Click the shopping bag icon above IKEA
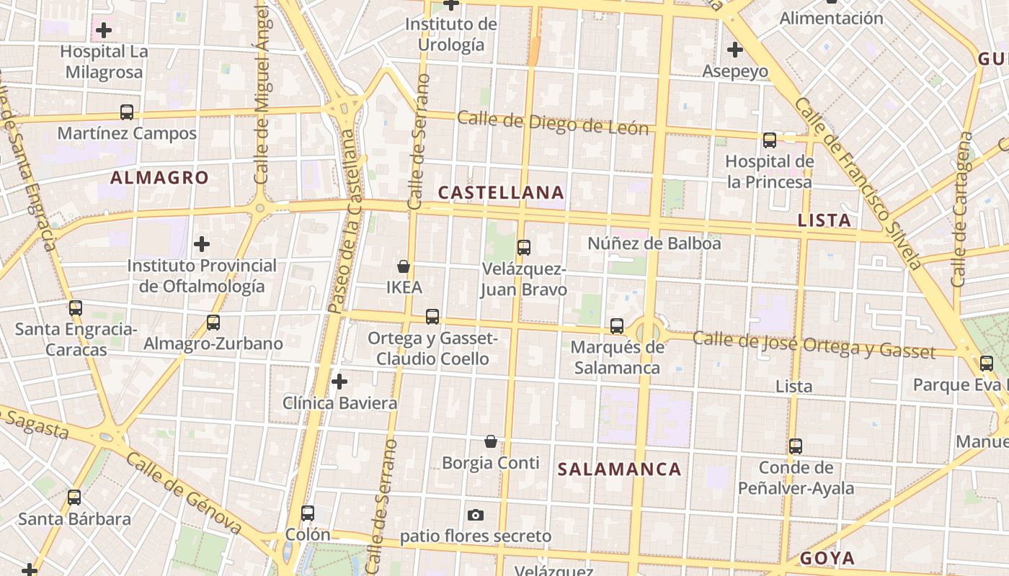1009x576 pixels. tap(404, 266)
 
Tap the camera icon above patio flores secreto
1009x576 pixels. tap(476, 515)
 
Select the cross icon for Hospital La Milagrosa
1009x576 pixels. tap(104, 30)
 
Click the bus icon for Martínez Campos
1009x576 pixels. tap(127, 112)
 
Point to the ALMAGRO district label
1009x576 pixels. tap(159, 178)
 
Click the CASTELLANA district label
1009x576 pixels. tap(501, 192)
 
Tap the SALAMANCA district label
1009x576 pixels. tap(620, 469)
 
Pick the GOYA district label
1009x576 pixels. tap(827, 558)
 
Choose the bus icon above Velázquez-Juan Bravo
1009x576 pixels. tap(524, 248)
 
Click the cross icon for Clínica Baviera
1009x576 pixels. tap(339, 381)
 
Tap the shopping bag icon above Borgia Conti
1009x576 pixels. tap(491, 441)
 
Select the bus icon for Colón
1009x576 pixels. tap(308, 513)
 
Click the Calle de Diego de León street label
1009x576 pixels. tap(553, 124)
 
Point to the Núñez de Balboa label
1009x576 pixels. tap(654, 243)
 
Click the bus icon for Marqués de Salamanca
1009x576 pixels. tap(617, 325)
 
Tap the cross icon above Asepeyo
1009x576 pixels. tap(735, 50)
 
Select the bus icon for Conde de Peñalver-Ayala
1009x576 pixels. tap(796, 446)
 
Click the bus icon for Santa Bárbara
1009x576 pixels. tap(74, 498)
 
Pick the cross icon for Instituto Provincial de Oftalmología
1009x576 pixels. tap(202, 244)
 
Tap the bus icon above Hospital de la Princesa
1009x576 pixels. tap(770, 140)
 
